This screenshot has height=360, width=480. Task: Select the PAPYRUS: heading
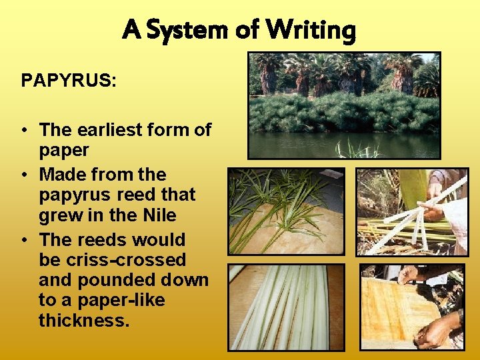tap(69, 81)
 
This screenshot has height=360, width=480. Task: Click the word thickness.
tap(83, 321)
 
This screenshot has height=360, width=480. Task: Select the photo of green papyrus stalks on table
tap(287, 211)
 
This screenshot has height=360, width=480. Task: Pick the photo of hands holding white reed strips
tap(411, 211)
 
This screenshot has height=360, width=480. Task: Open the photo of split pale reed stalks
tap(287, 307)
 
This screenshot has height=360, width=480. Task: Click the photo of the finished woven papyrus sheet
tap(411, 307)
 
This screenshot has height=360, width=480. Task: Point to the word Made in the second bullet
tap(59, 175)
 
